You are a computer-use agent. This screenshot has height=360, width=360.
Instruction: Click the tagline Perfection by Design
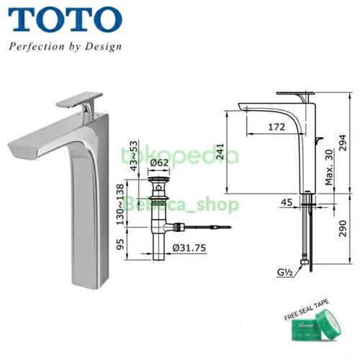tap(65, 48)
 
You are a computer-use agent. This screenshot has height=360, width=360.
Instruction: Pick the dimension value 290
tap(348, 230)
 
